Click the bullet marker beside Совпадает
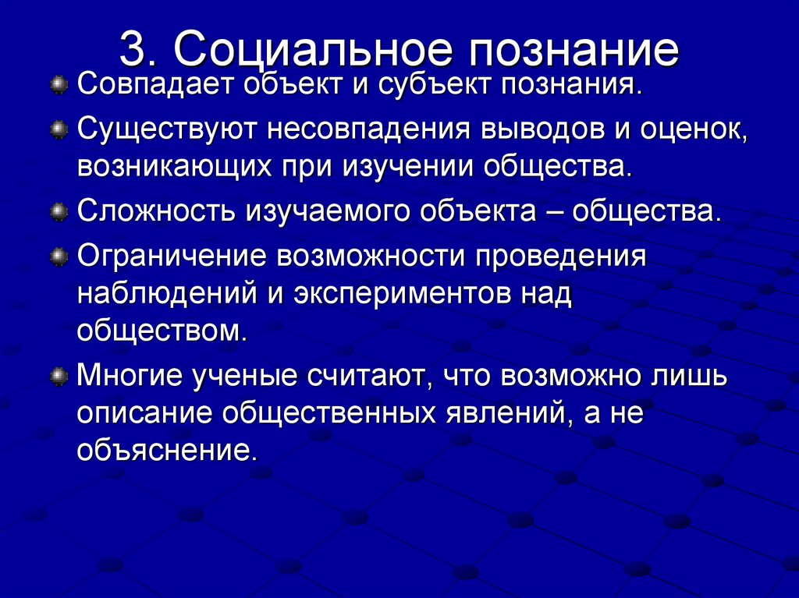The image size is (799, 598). (x=59, y=83)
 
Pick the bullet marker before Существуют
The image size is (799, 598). (x=59, y=128)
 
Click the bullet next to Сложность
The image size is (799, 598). (x=59, y=212)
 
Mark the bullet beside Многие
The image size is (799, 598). (x=59, y=377)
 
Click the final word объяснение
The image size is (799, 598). (x=166, y=451)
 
